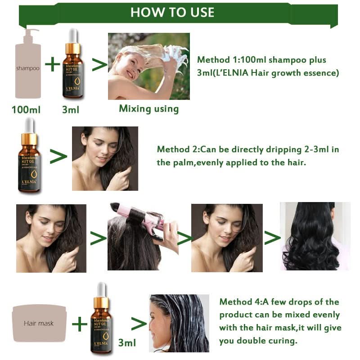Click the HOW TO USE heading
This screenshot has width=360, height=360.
(x=172, y=12)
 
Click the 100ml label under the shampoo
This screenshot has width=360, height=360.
(x=26, y=109)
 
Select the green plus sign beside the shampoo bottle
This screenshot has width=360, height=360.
(x=53, y=64)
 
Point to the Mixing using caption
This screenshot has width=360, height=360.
(x=148, y=108)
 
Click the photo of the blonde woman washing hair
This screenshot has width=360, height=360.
(x=148, y=66)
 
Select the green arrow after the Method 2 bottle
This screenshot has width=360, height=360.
(x=58, y=156)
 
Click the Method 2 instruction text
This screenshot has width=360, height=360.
(x=247, y=156)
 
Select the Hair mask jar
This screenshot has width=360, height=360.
(x=38, y=323)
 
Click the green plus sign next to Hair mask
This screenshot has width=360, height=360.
(x=80, y=323)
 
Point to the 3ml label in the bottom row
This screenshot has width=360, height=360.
(x=126, y=343)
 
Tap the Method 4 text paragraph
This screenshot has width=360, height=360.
(x=279, y=321)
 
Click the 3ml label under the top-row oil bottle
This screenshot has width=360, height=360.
(x=71, y=109)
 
